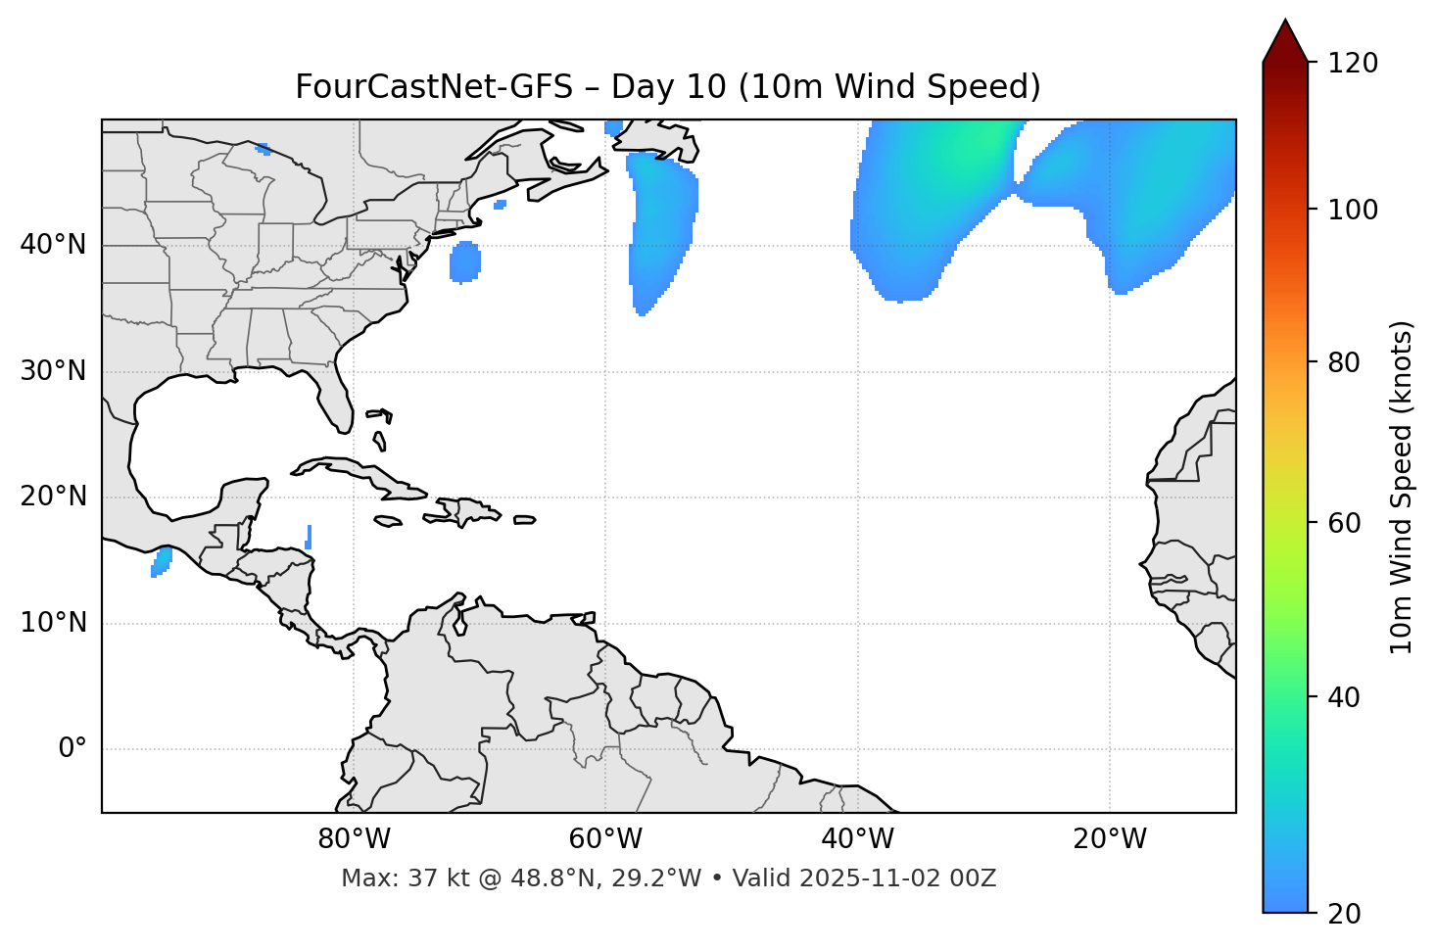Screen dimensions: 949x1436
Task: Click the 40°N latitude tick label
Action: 53,245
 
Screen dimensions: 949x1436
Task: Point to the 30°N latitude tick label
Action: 53,371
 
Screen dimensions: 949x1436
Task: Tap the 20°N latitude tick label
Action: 53,497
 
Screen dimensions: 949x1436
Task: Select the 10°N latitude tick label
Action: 53,623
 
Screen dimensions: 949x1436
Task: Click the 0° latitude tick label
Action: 72,749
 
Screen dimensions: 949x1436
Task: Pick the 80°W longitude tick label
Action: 354,839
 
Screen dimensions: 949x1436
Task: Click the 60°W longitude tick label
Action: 605,839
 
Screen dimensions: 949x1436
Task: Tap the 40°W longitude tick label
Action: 857,839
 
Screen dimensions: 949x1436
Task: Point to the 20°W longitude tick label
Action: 1109,839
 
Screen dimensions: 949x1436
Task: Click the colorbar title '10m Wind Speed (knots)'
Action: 1402,487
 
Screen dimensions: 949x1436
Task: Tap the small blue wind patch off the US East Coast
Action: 465,261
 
